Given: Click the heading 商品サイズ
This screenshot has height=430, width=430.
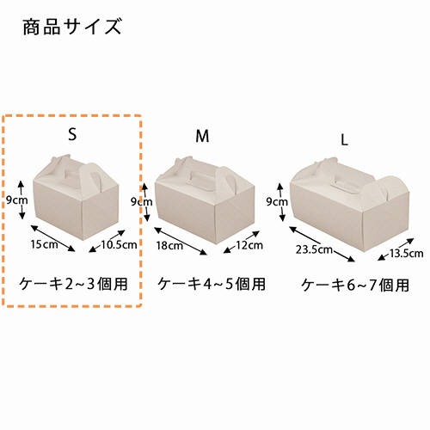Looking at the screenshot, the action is pos(72,27).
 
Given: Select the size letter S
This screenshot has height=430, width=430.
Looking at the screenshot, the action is pos(72,133).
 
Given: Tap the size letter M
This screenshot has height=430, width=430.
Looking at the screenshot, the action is pos(202,136).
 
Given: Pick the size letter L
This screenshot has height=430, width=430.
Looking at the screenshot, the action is pos(344,140).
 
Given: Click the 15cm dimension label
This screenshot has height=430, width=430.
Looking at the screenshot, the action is pos(44,244).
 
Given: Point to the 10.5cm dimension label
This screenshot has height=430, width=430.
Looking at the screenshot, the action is pos(119,244).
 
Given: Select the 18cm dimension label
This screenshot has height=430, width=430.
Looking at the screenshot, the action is pos(169,245).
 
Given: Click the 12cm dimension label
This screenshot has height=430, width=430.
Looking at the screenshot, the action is pos(249,245).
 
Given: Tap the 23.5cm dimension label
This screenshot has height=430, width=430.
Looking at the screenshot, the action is pos(314,249).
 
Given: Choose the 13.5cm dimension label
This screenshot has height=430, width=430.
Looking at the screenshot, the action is pos(406,254).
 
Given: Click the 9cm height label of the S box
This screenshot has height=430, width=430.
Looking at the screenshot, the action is pos(17,200).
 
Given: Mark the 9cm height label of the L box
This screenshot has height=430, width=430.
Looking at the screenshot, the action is pos(277,202).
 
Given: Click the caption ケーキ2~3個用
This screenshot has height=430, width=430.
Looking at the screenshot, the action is pos(73,284).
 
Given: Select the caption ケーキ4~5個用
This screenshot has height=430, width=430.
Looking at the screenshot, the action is pos(212,284).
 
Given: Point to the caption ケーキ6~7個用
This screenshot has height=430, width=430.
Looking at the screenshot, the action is pos(355,286).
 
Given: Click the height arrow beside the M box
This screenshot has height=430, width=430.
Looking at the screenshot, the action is pos(145,202).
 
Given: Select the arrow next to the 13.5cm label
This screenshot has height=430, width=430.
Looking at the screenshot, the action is pos(396,249).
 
